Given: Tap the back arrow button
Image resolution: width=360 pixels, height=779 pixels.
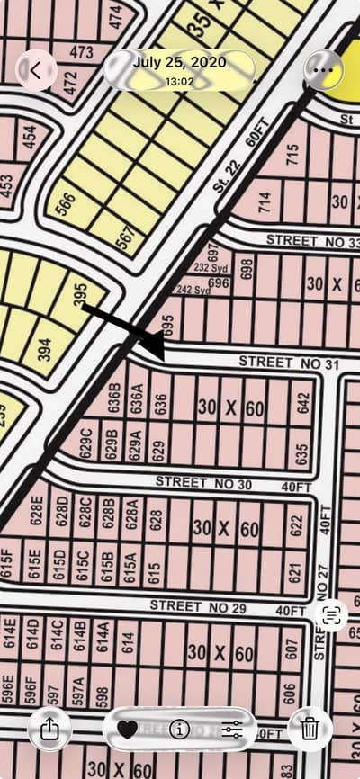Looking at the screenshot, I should [36, 69].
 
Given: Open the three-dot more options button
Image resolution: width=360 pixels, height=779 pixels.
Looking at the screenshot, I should [322, 69].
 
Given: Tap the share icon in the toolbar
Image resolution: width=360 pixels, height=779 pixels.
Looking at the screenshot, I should [49, 729].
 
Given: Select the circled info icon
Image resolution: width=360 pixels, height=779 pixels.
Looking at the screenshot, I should [179, 729].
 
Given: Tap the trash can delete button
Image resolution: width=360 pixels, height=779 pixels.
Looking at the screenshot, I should [310, 729].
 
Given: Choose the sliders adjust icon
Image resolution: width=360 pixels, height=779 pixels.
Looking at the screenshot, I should [232, 729].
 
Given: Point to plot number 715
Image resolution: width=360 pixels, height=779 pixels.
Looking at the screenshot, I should [291, 154].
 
